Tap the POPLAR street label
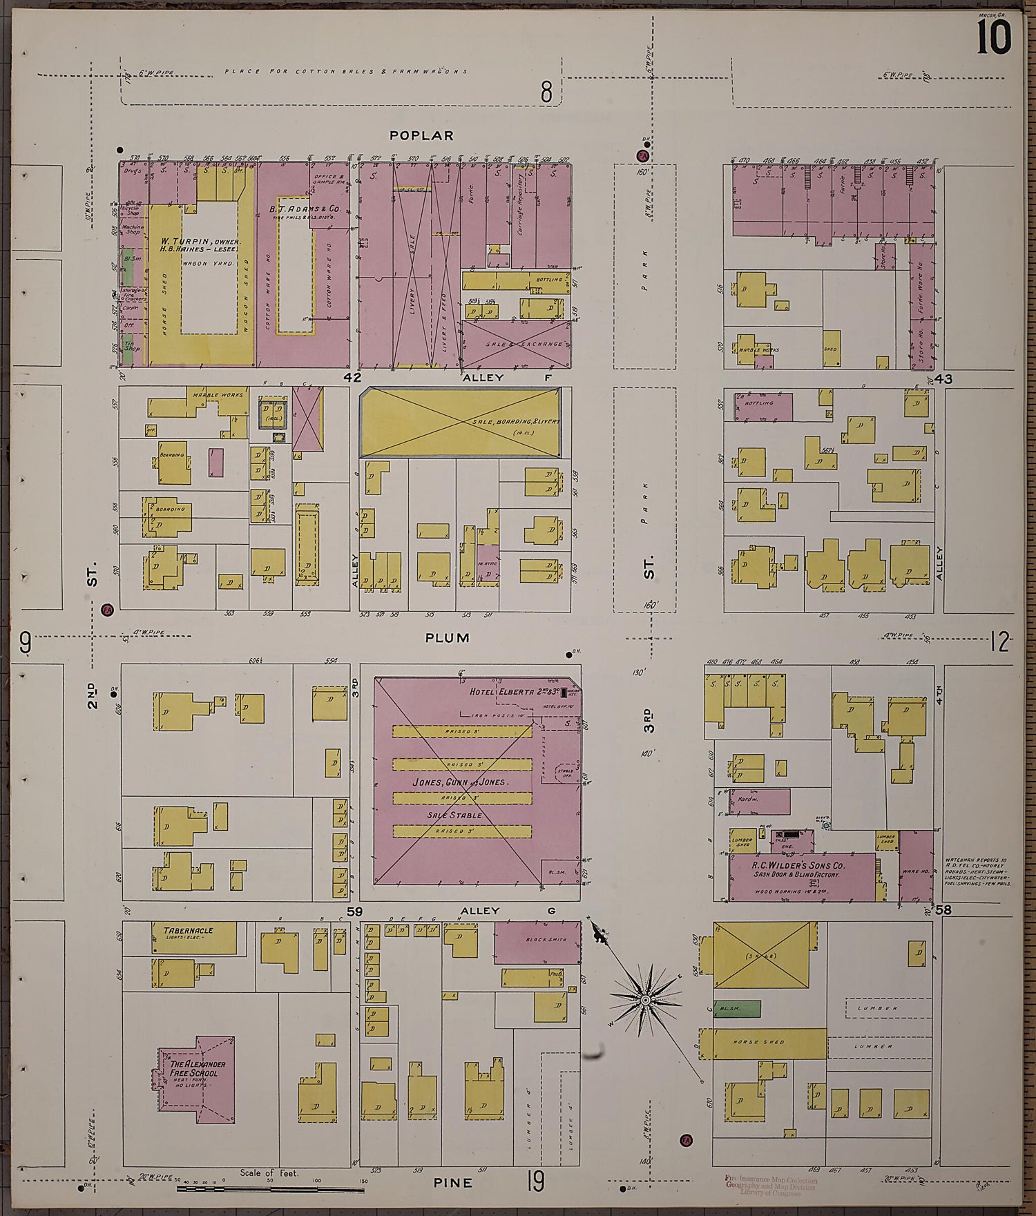(x=421, y=135)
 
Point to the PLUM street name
(x=447, y=637)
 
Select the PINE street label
(x=452, y=1183)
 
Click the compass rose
(x=644, y=1000)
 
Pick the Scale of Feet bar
(x=269, y=1188)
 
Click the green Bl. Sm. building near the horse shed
(x=737, y=1009)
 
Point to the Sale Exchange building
(x=516, y=344)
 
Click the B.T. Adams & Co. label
(x=305, y=208)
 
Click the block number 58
(x=943, y=910)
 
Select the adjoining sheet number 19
(x=535, y=1180)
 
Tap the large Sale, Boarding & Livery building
(x=461, y=423)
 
